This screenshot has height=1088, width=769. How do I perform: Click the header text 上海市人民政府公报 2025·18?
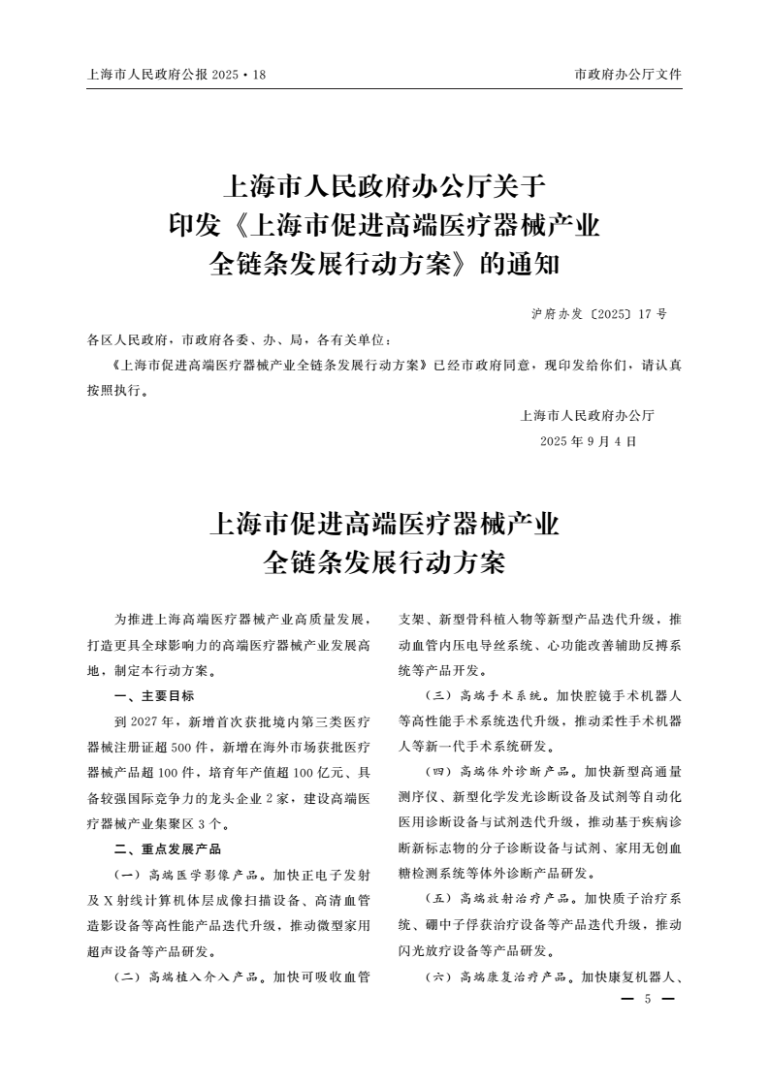pyautogui.click(x=176, y=74)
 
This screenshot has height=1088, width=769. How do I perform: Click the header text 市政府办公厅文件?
pyautogui.click(x=628, y=74)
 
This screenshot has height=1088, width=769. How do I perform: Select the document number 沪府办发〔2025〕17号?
pyautogui.click(x=599, y=315)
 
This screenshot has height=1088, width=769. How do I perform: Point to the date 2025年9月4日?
pyautogui.click(x=588, y=441)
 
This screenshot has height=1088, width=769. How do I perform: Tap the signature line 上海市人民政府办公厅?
pyautogui.click(x=588, y=416)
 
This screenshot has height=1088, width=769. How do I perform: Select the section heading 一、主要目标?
pyautogui.click(x=154, y=696)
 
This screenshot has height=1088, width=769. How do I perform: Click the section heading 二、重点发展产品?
pyautogui.click(x=168, y=848)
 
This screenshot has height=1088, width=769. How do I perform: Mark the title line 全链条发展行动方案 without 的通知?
pyautogui.click(x=385, y=560)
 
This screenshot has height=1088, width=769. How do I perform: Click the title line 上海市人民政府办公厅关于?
pyautogui.click(x=385, y=184)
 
